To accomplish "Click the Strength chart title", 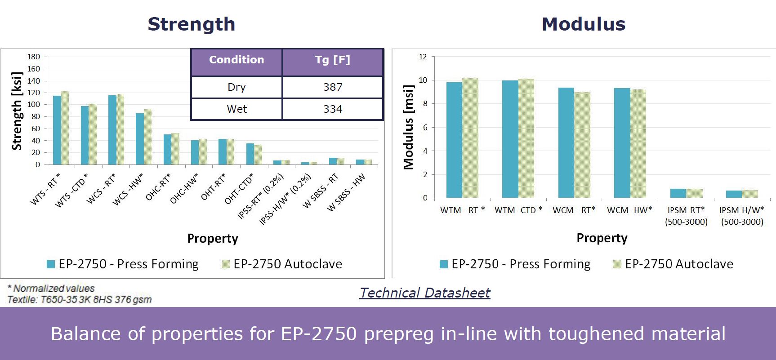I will (192, 24).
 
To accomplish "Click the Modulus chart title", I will (584, 24).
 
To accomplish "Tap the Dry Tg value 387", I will (333, 87).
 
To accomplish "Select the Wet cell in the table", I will (237, 109).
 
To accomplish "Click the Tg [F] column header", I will (333, 60).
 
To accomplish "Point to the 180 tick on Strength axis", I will (34, 57).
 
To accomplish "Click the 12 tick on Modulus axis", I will (423, 57).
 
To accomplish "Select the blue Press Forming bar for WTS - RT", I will (57, 130).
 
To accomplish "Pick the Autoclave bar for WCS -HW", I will (148, 137).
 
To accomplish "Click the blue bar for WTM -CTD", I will (510, 139).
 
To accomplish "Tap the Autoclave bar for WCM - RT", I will (582, 145).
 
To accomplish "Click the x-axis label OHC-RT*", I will (158, 187).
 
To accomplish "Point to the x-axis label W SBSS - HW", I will (346, 193).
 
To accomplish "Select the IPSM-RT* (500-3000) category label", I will (686, 216).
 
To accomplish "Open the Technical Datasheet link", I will (425, 293).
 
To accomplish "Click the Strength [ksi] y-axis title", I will (17, 111).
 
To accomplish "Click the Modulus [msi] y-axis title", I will (408, 127).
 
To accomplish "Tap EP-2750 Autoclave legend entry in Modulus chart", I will (673, 264).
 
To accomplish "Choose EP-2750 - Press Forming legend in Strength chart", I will (123, 264).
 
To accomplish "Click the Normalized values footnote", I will (52, 289).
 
